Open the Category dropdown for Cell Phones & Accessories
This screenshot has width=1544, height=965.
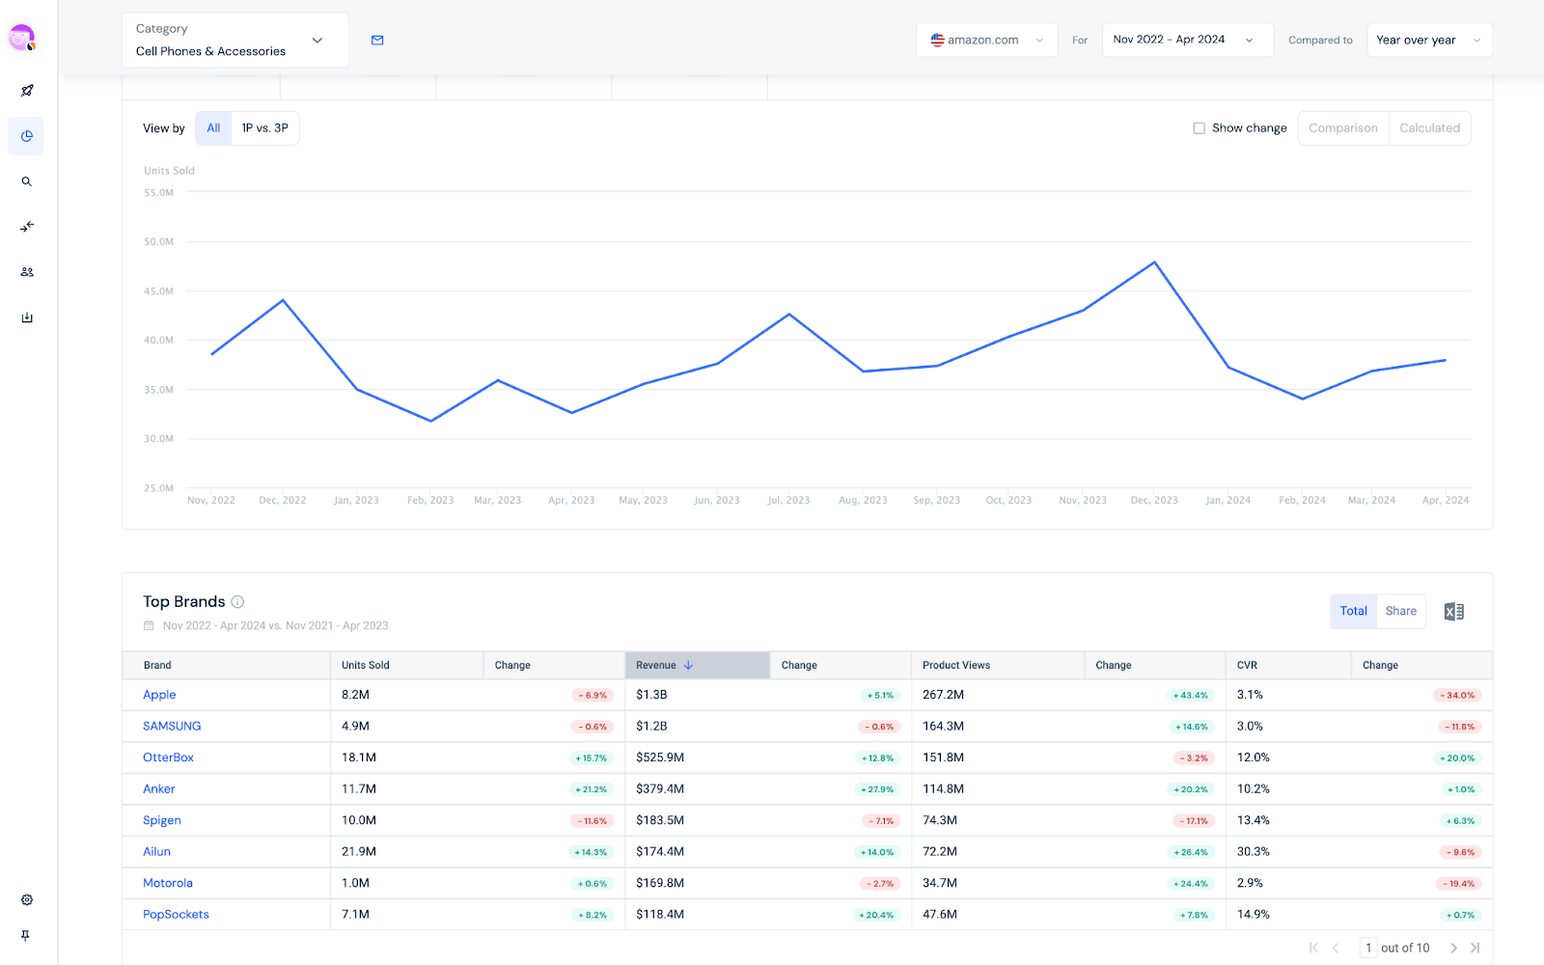(234, 41)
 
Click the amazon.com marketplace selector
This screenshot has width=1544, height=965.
(986, 41)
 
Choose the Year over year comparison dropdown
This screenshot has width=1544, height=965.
(1428, 41)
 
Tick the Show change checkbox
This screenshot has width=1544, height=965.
(1199, 128)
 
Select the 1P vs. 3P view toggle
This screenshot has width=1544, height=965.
(264, 128)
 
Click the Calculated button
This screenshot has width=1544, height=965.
(1429, 128)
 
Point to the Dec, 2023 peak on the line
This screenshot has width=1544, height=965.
(1154, 262)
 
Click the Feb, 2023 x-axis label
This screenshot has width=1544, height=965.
(430, 500)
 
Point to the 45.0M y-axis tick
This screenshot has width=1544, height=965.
(159, 291)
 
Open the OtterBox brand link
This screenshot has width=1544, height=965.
(168, 758)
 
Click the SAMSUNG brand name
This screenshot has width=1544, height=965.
(172, 726)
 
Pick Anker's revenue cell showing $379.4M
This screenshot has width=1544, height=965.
(660, 789)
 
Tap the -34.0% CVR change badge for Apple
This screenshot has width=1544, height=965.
(1457, 695)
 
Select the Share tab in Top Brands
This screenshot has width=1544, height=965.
(1400, 611)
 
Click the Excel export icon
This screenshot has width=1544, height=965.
(1453, 612)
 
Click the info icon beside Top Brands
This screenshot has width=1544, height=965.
(237, 602)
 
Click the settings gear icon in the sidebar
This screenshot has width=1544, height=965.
(27, 899)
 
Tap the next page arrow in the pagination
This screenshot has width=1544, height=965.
(1453, 948)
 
